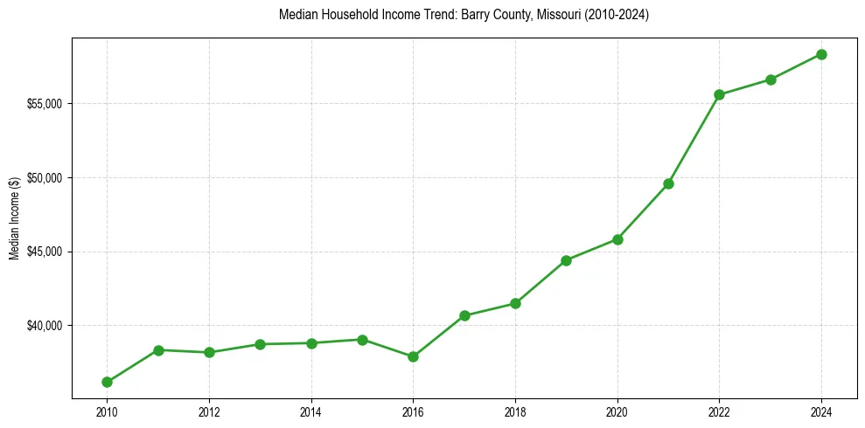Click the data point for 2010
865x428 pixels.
107,382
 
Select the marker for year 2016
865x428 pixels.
413,356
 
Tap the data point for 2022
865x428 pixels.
719,94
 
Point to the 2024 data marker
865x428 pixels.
821,54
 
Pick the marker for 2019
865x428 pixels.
566,260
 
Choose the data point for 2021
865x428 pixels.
668,183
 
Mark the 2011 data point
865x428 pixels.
158,350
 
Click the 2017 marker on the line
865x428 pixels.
464,315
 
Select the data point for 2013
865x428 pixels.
260,344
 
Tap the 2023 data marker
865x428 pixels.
771,79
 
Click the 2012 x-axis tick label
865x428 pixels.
209,412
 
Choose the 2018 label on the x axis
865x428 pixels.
515,412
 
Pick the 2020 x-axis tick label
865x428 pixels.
617,412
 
